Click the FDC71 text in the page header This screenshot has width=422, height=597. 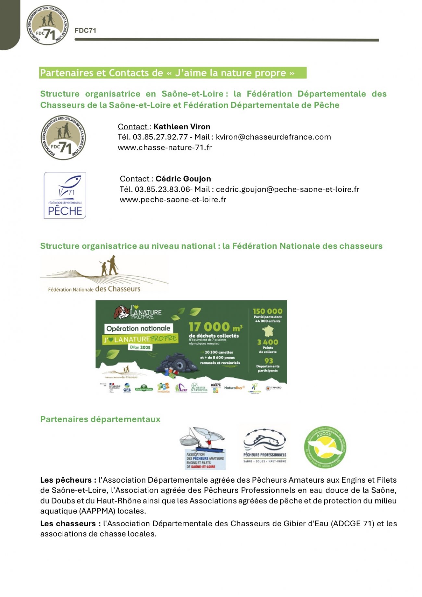tap(85, 31)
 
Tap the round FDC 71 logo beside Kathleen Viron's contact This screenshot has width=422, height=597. tap(63, 137)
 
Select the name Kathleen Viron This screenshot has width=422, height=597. tap(182, 127)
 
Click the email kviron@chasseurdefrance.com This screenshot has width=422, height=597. tap(273, 137)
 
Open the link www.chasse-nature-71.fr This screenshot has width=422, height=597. tap(165, 147)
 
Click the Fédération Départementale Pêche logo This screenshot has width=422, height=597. tap(65, 195)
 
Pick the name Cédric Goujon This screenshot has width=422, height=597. tap(183, 179)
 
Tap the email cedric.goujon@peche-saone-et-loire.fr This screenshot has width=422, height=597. tap(287, 189)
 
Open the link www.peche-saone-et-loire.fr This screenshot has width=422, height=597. tap(173, 200)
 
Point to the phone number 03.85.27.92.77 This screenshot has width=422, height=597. tap(160, 137)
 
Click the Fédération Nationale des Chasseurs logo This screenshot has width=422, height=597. tap(104, 275)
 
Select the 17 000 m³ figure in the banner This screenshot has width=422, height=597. tap(215, 327)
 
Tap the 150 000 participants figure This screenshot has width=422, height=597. tap(267, 311)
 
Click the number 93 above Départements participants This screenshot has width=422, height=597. tap(268, 361)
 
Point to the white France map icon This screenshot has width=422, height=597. tap(268, 331)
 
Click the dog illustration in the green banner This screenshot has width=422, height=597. tap(121, 312)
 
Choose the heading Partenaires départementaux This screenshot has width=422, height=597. tap(100, 419)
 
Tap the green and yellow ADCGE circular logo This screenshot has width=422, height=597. tap(325, 447)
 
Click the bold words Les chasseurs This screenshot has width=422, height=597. tap(68, 524)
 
